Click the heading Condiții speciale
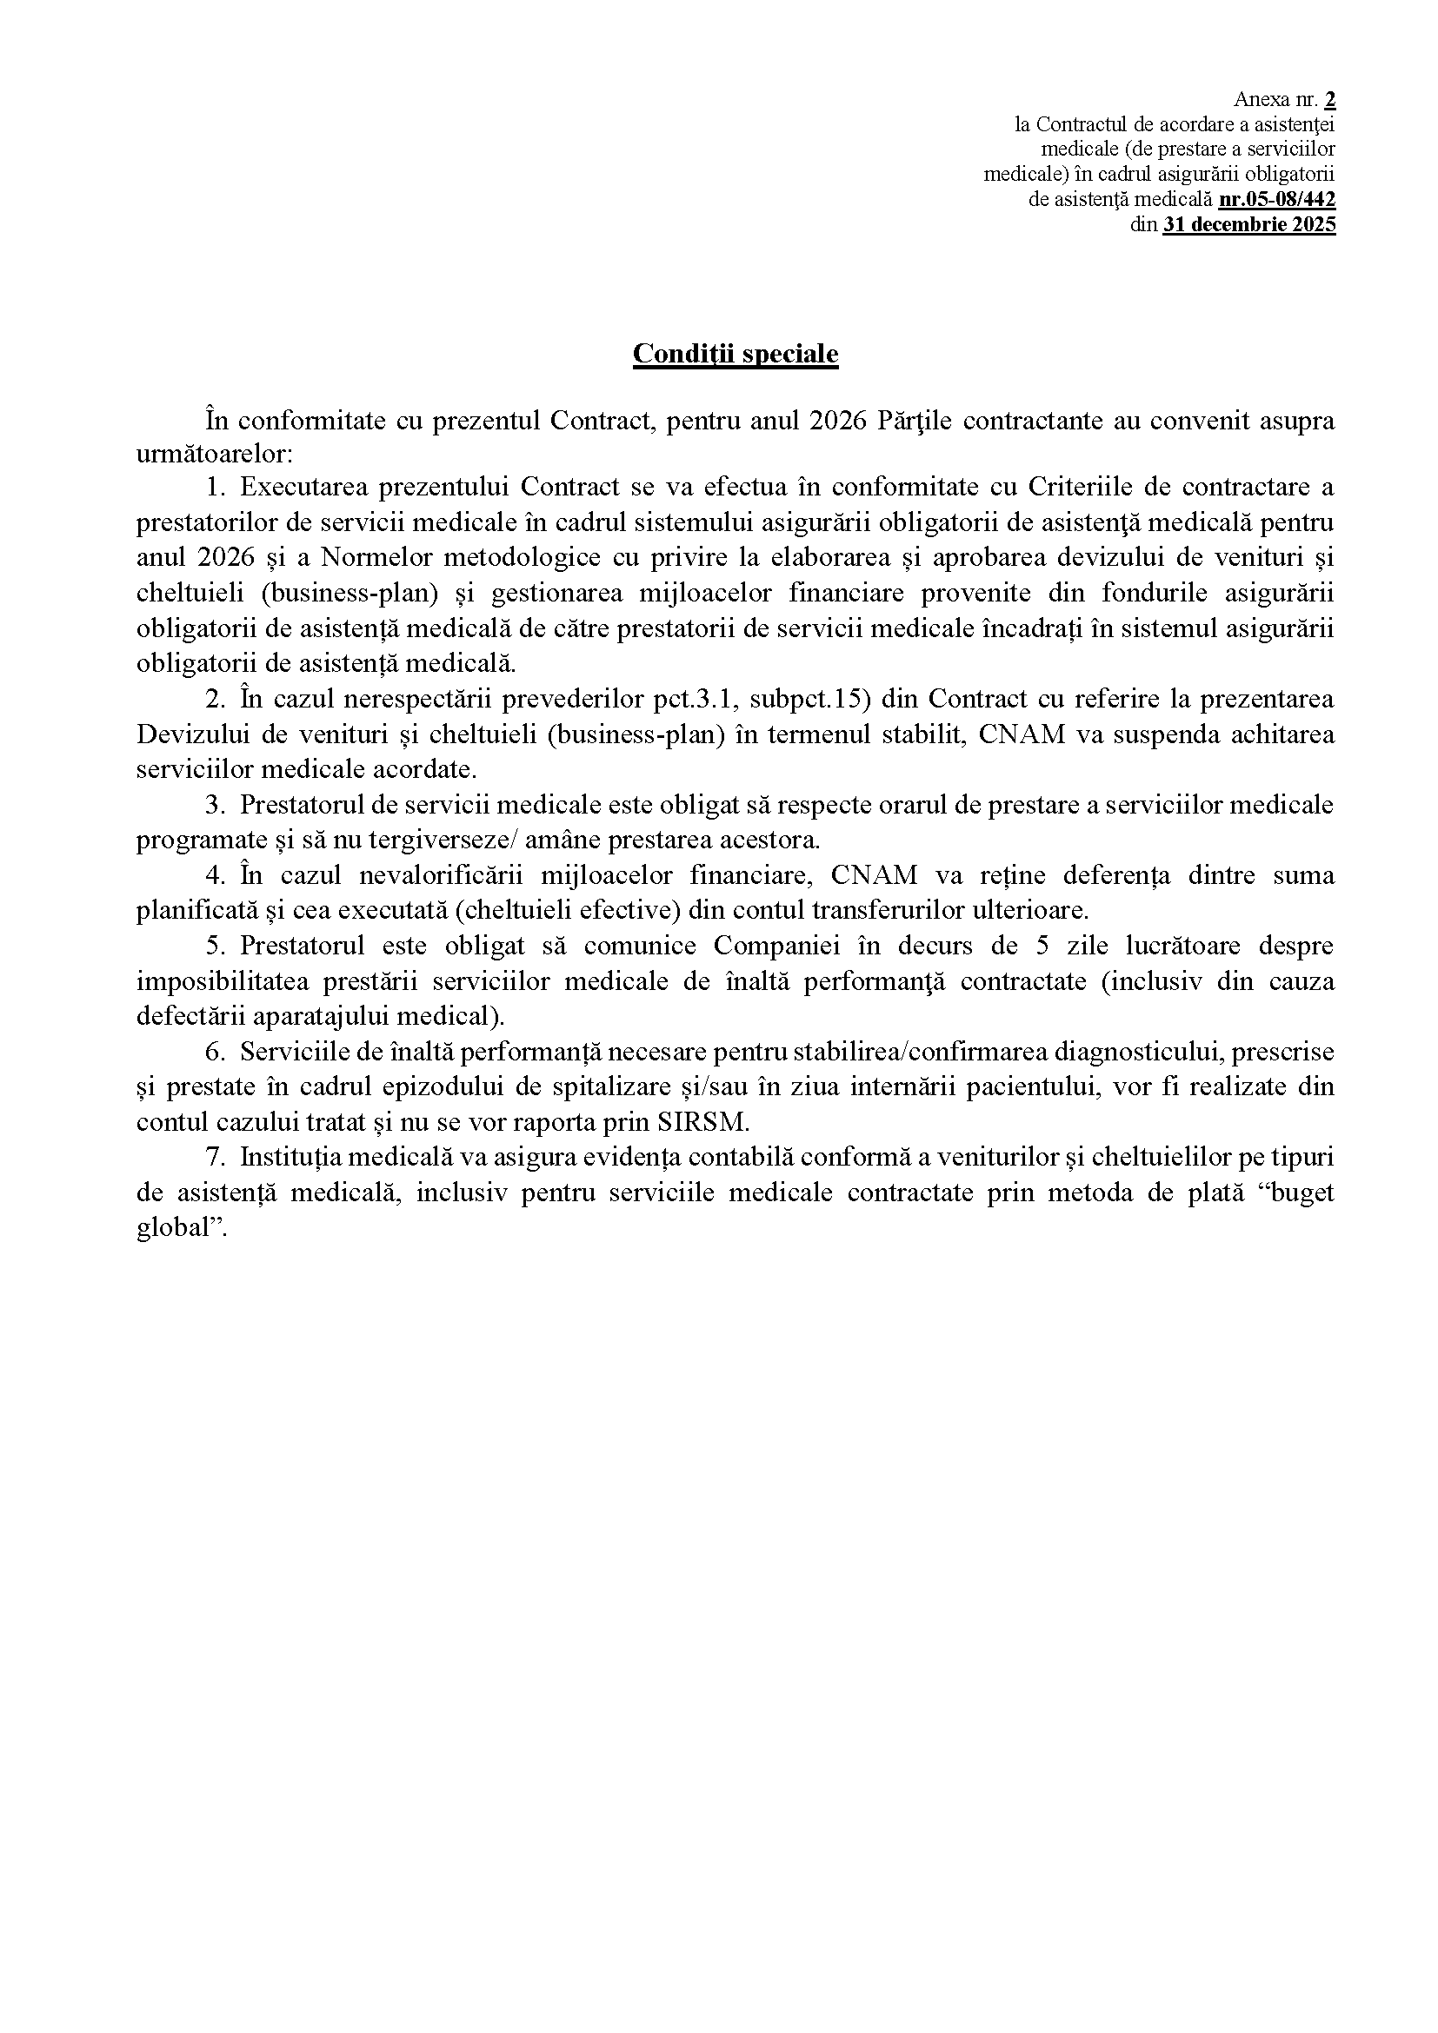coord(735,353)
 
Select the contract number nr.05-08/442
coord(1277,199)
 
